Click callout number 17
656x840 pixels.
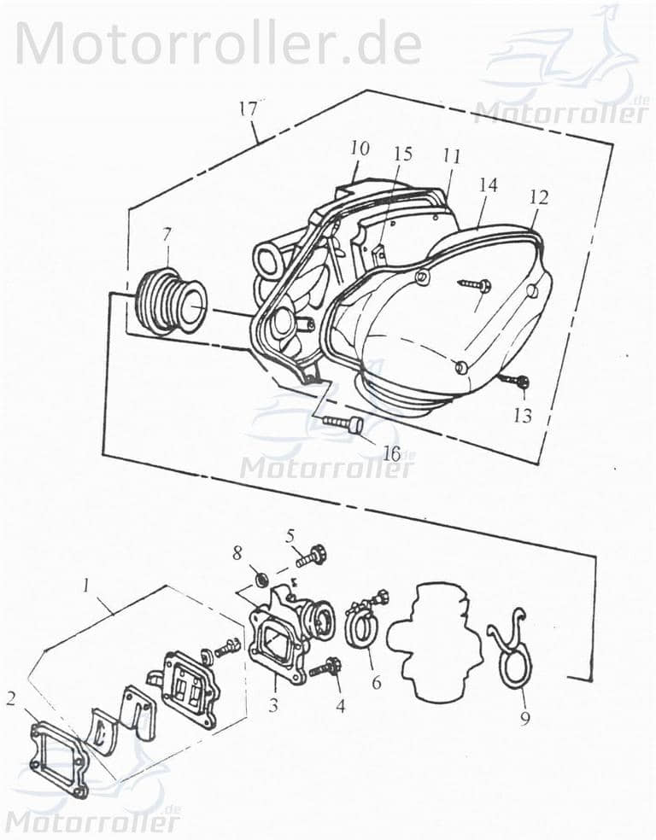pos(248,110)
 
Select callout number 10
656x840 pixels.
pos(360,149)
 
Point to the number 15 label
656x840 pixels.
pos(402,154)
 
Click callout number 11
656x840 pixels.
pos(451,156)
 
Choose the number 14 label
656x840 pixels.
pos(488,185)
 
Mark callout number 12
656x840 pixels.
pos(538,196)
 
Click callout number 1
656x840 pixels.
pos(86,586)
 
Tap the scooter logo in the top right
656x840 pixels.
pos(564,64)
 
